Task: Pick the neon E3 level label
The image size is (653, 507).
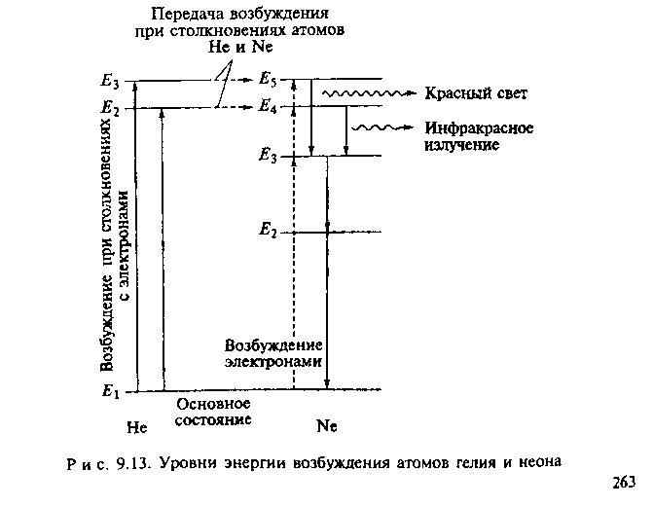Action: [x=269, y=156]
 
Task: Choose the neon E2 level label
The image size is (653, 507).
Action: [x=269, y=232]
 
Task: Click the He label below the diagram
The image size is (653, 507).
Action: [x=137, y=426]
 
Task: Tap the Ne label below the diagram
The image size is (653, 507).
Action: [x=327, y=426]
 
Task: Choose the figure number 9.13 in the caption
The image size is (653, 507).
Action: [x=132, y=461]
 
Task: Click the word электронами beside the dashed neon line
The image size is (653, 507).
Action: [x=273, y=360]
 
